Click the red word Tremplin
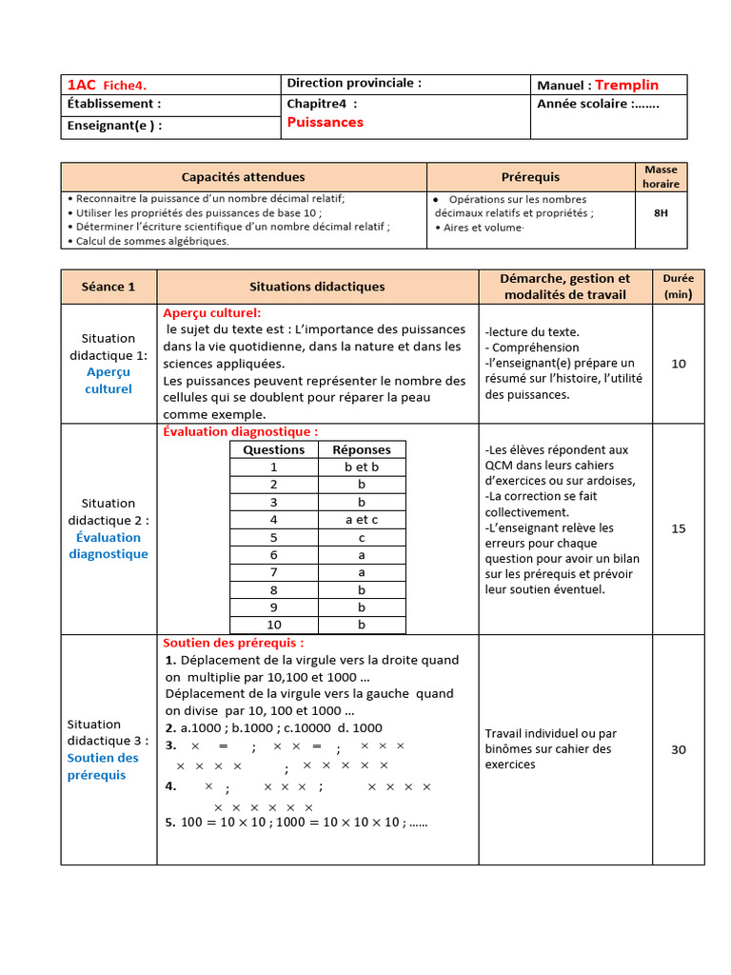point(626,85)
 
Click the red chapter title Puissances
point(325,122)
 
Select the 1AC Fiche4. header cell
point(107,85)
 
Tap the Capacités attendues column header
point(244,176)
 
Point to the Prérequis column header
point(530,176)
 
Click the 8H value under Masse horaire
point(661,213)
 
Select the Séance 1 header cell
point(109,286)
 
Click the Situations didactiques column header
point(317,286)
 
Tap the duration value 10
point(678,363)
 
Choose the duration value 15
point(678,528)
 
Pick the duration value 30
point(678,749)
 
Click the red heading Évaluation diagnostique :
point(240,431)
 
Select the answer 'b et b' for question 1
point(362,467)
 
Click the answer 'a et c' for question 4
point(362,520)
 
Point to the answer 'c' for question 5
point(362,537)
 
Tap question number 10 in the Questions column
point(274,625)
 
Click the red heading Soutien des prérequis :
point(233,643)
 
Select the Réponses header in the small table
point(362,449)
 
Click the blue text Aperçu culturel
point(109,381)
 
